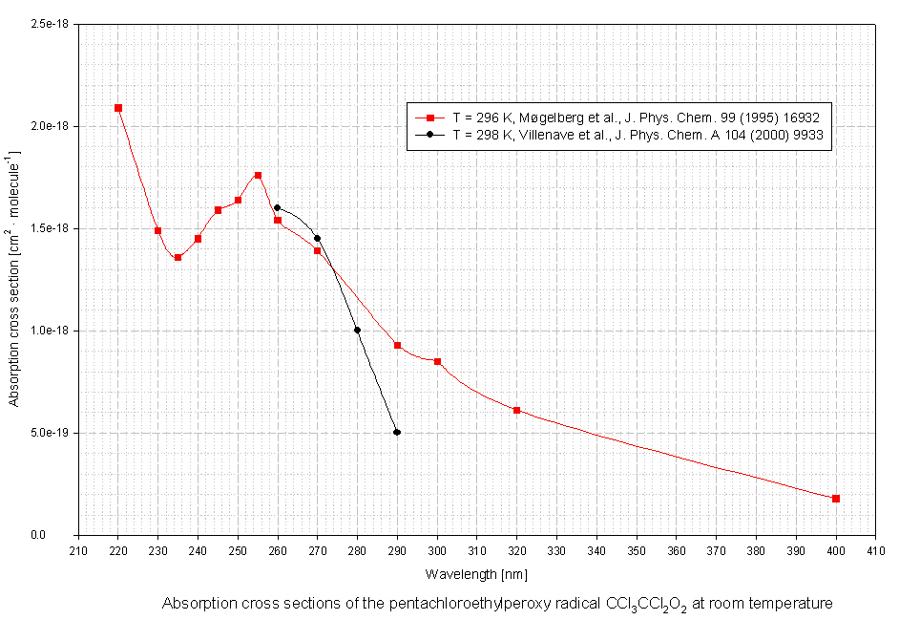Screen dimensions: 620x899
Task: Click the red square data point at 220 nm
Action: [118, 108]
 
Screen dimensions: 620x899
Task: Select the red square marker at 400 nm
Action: [836, 499]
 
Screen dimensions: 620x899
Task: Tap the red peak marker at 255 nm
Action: [258, 176]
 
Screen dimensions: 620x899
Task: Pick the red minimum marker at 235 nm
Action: [178, 257]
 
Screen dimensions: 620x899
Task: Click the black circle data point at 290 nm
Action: [397, 433]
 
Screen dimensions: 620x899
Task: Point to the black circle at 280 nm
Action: [357, 331]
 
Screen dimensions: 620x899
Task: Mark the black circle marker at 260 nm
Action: [277, 207]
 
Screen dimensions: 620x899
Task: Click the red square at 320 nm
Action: [516, 410]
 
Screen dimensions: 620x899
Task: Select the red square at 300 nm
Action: [437, 361]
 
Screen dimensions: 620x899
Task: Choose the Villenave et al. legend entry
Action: [638, 136]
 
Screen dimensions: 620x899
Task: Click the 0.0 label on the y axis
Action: [63, 535]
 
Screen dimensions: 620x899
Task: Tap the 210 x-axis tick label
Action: [78, 550]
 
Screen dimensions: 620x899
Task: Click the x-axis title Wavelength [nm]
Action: [475, 574]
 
